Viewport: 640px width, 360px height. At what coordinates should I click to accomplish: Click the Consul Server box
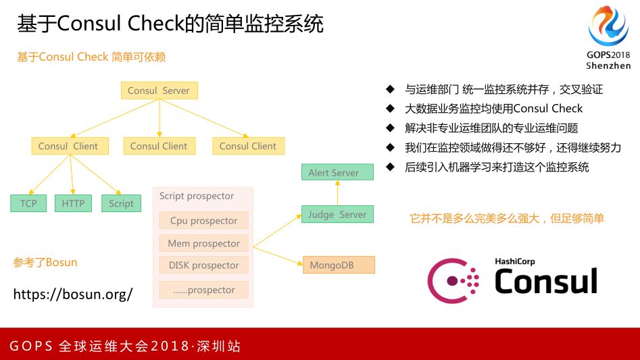(x=159, y=91)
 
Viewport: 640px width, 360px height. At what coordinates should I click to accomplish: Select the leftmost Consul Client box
(x=68, y=146)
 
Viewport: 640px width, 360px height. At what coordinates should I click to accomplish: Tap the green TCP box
(x=28, y=203)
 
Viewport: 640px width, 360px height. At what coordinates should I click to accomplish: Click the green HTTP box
(x=73, y=203)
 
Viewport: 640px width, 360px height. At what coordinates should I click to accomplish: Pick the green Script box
(x=121, y=203)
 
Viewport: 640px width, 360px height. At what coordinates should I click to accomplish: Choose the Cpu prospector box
(x=203, y=221)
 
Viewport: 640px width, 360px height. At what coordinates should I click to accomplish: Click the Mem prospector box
(x=203, y=243)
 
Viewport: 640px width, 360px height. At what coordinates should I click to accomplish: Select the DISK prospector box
(x=203, y=265)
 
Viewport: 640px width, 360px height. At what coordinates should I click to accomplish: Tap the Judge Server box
(x=337, y=215)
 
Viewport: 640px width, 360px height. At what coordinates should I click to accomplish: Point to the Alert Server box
(x=337, y=172)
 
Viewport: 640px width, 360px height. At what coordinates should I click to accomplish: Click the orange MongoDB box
(x=338, y=265)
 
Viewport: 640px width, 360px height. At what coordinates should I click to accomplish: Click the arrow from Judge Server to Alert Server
(x=337, y=193)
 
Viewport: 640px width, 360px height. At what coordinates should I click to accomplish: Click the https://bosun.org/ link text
(x=73, y=294)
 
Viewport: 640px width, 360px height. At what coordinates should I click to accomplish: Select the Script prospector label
(x=197, y=197)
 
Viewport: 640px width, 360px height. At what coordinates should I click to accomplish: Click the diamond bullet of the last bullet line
(x=389, y=167)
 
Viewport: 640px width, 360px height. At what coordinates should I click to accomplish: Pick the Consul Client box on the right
(x=248, y=146)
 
